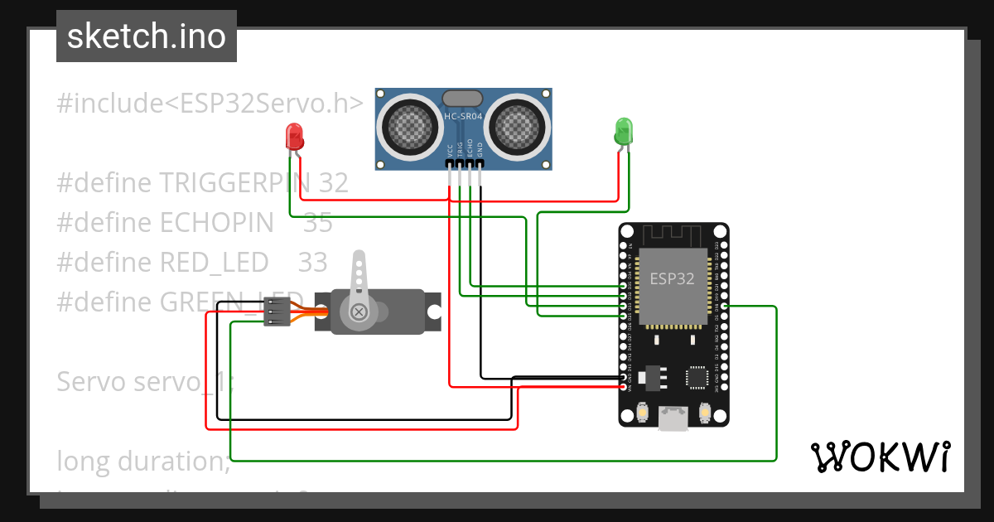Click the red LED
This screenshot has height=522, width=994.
coord(293,136)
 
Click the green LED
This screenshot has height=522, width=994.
coord(623,131)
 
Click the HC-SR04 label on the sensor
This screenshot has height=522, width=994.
coord(462,117)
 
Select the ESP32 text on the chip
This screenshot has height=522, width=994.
coord(672,278)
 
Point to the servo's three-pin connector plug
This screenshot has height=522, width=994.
coord(276,312)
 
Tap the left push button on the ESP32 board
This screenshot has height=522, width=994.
coord(642,412)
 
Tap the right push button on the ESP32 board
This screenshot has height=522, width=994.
coord(705,412)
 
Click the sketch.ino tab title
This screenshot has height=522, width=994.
coord(147,36)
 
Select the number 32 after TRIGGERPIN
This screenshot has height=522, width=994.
coord(333,183)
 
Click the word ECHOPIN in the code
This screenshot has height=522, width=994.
coord(216,222)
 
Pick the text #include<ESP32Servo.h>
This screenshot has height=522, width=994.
coord(210,104)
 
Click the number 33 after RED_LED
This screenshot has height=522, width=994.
coord(312,262)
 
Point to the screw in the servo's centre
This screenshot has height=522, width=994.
coord(359,312)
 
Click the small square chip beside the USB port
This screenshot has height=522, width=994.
coord(696,378)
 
